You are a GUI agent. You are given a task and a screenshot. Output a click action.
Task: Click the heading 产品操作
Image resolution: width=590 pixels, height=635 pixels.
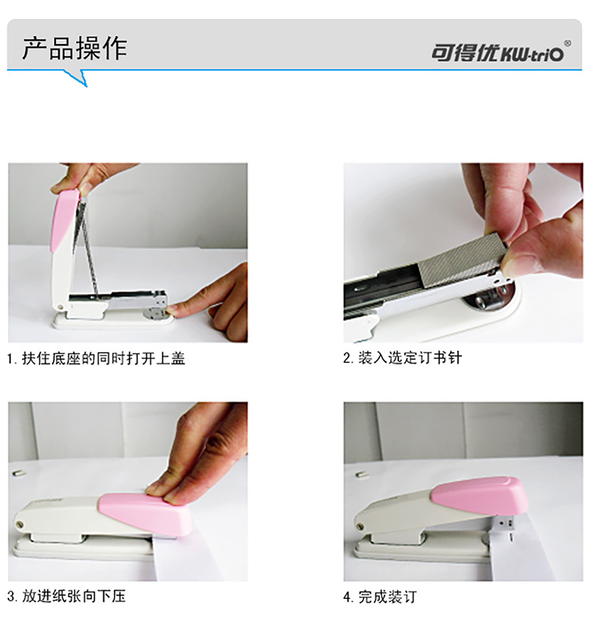coord(75,48)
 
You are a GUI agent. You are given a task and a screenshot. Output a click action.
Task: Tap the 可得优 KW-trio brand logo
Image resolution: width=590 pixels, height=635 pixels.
coord(497,53)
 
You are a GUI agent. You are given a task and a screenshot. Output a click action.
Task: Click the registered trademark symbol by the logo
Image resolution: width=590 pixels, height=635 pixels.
coord(568,43)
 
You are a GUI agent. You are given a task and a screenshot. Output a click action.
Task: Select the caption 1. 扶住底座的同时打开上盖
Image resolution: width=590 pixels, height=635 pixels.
coord(96,358)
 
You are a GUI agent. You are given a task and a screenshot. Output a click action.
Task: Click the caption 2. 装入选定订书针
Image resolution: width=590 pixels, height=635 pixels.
coord(403,358)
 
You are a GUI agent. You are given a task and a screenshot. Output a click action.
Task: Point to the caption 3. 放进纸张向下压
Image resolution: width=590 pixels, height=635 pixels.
coord(66,596)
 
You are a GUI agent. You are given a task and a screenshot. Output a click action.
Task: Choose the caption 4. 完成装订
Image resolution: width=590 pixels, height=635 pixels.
coord(380,597)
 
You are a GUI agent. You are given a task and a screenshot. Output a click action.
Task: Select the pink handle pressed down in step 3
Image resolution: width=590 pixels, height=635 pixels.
coord(148,515)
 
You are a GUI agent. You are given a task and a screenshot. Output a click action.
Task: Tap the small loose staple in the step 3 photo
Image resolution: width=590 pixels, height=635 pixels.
coord(18,472)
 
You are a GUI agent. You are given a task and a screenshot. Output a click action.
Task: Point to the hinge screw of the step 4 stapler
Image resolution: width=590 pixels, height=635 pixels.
coord(360,527)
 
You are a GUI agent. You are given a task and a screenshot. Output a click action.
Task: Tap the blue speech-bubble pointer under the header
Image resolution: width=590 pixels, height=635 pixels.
coord(76,77)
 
